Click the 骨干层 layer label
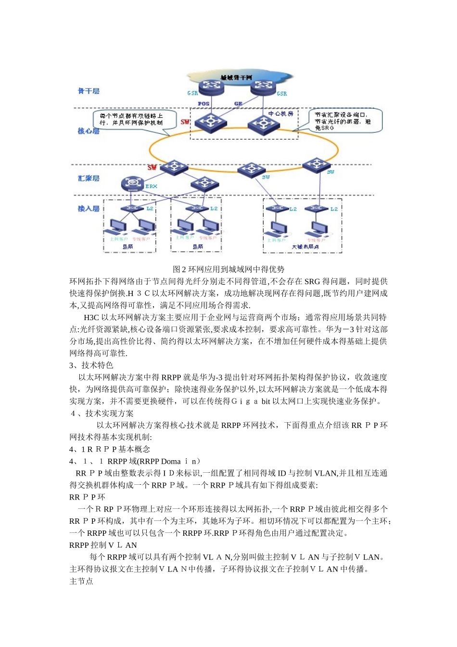coord(89,91)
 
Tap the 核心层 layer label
coord(89,131)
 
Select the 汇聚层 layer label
coord(89,179)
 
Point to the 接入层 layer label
coord(89,208)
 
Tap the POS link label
coord(203,104)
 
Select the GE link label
coord(238,104)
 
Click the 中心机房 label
coord(280,114)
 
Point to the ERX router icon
coord(131,183)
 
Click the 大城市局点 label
coord(305,247)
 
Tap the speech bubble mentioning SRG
coord(344,121)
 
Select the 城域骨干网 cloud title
coord(236,78)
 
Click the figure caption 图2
coord(228,269)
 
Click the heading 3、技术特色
coord(91,365)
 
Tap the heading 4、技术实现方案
coord(102,414)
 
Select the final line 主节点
coord(81,581)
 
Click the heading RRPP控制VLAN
coord(103,545)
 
